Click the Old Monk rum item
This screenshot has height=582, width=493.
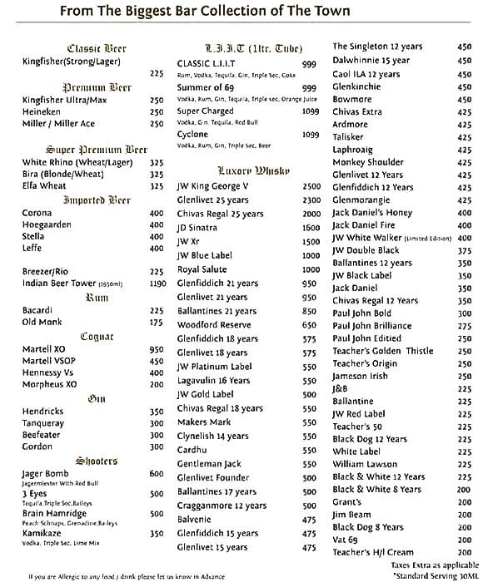41,322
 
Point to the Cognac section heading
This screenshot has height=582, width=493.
97,337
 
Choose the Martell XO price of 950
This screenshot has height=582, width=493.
156,350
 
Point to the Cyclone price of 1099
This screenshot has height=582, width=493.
311,134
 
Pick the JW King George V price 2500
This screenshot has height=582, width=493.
311,187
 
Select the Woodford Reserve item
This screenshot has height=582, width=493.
217,325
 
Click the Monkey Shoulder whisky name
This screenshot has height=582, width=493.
368,162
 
